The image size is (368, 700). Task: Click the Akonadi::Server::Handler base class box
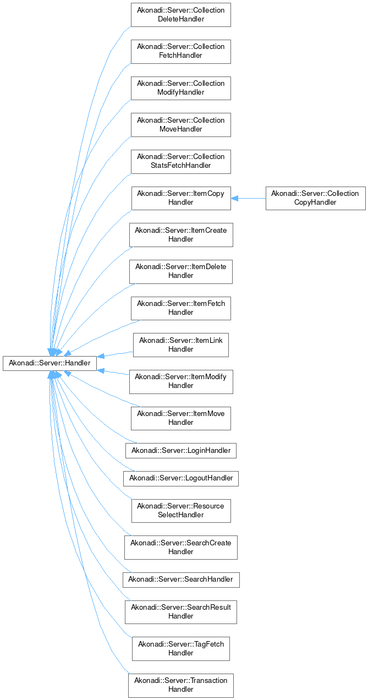50,363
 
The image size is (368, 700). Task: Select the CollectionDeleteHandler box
180,15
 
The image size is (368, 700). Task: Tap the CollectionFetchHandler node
180,51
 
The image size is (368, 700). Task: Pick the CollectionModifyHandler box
180,88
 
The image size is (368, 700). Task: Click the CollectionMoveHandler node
180,125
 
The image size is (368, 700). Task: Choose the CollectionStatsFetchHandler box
180,161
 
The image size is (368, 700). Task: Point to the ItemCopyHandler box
180,198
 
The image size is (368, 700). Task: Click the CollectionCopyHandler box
315,198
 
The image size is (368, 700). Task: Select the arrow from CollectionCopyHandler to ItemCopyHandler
248,198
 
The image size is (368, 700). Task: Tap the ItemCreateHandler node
180,235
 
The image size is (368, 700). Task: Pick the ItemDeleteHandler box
180,271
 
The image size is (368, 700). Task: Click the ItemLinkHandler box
180,345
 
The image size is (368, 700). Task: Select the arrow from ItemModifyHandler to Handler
113,373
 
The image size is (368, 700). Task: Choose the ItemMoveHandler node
180,418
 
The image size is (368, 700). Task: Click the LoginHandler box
180,451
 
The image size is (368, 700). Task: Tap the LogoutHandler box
180,478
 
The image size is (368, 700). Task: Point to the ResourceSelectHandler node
180,511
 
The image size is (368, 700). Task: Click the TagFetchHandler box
180,648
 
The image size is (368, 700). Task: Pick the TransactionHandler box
180,685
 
